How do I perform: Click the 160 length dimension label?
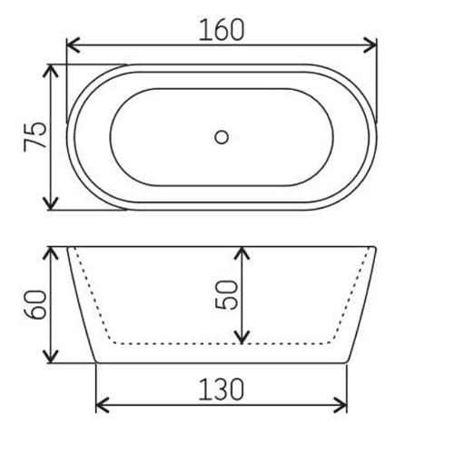coord(222,30)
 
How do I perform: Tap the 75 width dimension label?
coord(35,134)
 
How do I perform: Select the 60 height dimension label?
coord(35,304)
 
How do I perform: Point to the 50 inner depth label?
coord(226,295)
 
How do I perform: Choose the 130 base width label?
coord(222,390)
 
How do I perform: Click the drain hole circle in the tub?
coord(222,137)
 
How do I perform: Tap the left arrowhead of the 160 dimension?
coord(73,45)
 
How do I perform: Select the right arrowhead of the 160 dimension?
coord(370,45)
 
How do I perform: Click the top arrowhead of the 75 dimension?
coord(51,71)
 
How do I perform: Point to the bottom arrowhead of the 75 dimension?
coord(51,202)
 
